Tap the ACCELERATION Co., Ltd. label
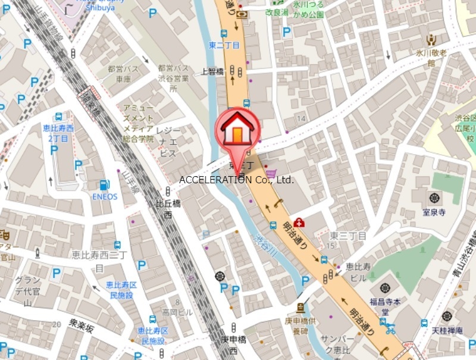pyautogui.click(x=237, y=179)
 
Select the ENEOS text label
pyautogui.click(x=105, y=196)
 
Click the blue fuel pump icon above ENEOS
pyautogui.click(x=105, y=185)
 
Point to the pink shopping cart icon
pyautogui.click(x=272, y=174)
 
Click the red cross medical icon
pyautogui.click(x=299, y=223)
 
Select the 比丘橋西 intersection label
pyautogui.click(x=168, y=209)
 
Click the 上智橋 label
pyautogui.click(x=212, y=71)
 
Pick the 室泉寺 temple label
pyautogui.click(x=434, y=212)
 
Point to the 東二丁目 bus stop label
pyautogui.click(x=224, y=45)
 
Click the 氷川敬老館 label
pyautogui.click(x=431, y=58)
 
